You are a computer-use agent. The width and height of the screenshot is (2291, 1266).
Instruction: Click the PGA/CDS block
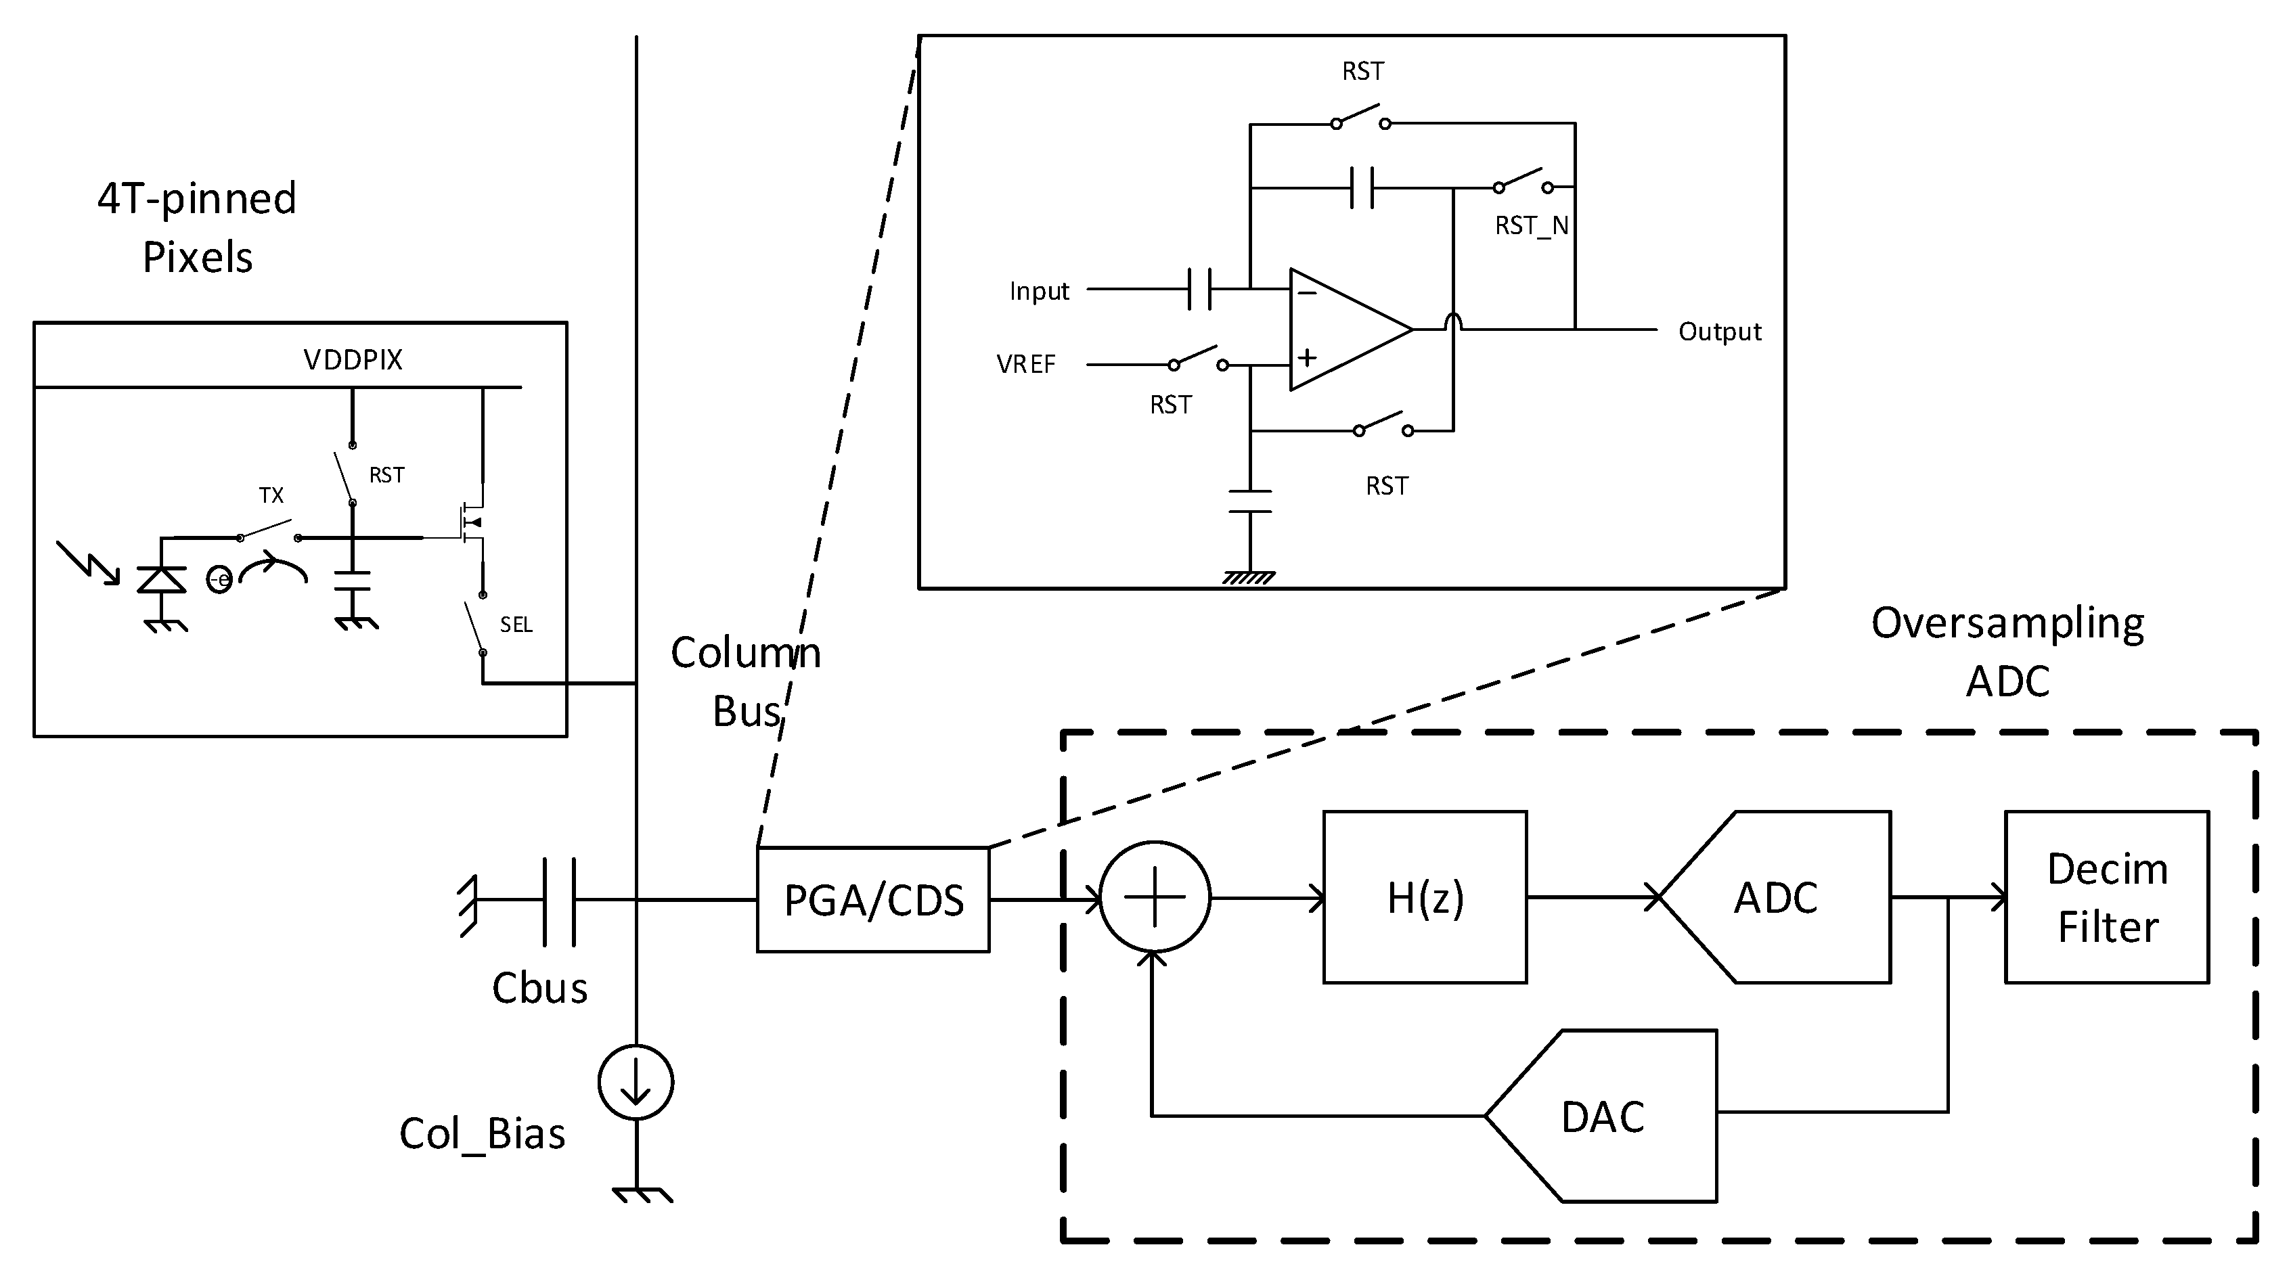coord(872,900)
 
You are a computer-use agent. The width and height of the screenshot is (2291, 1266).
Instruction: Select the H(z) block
coord(1425,897)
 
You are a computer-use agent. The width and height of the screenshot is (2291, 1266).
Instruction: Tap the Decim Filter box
coord(2106,897)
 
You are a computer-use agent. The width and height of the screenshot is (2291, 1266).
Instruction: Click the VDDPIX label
coord(353,360)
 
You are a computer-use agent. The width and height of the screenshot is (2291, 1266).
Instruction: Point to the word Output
coord(1719,332)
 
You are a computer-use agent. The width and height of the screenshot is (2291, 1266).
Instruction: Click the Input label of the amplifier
coord(1039,292)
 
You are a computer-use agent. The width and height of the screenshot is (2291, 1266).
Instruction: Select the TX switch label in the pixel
coord(271,495)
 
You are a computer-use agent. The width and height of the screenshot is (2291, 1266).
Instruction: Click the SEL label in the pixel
coord(516,625)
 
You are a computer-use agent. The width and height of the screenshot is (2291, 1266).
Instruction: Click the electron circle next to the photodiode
coord(219,581)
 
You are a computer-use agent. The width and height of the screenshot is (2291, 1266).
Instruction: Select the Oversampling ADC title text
coord(2007,652)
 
